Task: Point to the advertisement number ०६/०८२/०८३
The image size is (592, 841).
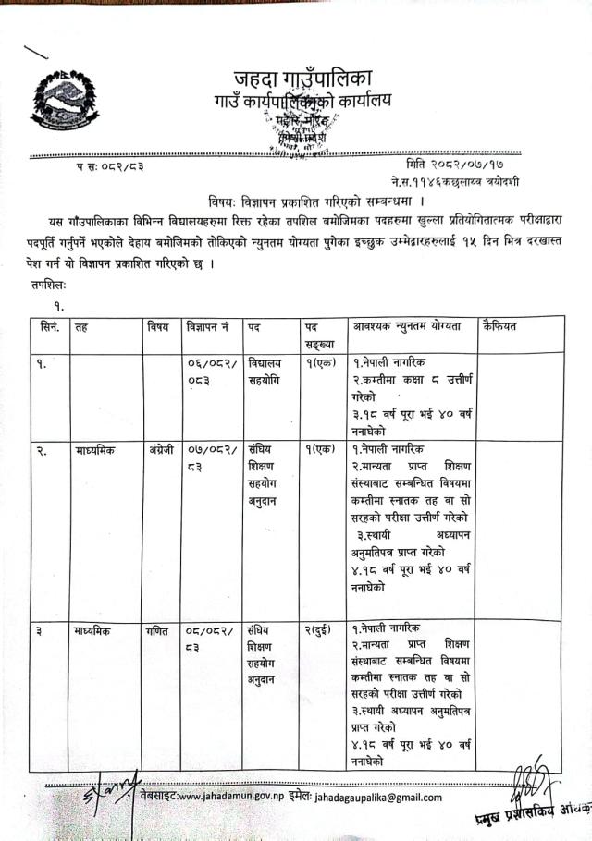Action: (x=207, y=372)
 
